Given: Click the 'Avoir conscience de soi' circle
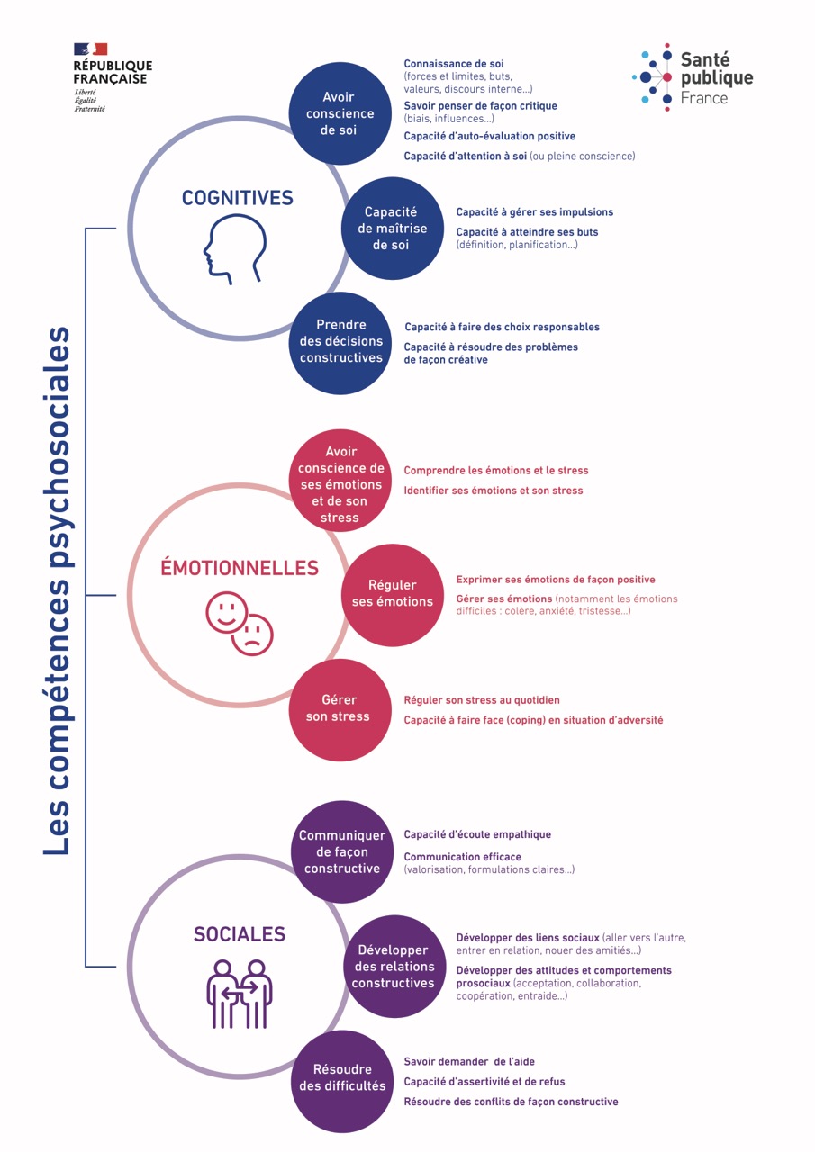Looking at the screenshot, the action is pos(340,113).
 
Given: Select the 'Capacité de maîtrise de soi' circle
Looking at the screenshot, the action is pos(392,229).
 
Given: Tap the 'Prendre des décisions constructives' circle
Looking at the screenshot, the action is pos(340,343).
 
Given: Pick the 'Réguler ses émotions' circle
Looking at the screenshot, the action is pos(392,595).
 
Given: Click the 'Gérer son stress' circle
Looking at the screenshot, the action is pos(340,710).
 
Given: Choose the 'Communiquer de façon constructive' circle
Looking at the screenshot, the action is pos(342,851).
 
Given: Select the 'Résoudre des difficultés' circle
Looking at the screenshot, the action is pos(342,1082).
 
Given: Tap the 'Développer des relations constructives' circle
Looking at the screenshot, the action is pos(394,967).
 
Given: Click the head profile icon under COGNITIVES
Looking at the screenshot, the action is pos(235,249).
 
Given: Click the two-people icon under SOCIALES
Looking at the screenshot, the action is pos(240,994).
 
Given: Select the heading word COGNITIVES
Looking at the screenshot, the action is pos(237,198).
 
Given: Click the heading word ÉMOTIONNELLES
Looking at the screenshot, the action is pos(240,567).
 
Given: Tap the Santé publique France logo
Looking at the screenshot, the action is pos(693,77).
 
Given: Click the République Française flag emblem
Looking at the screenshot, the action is pos(91,49).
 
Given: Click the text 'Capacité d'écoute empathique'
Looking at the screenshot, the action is pos(477,834).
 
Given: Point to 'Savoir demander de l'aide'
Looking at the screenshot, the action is pos(469,1061).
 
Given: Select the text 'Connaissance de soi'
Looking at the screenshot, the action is pos(454,64).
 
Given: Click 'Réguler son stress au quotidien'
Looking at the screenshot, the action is pos(482,700).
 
